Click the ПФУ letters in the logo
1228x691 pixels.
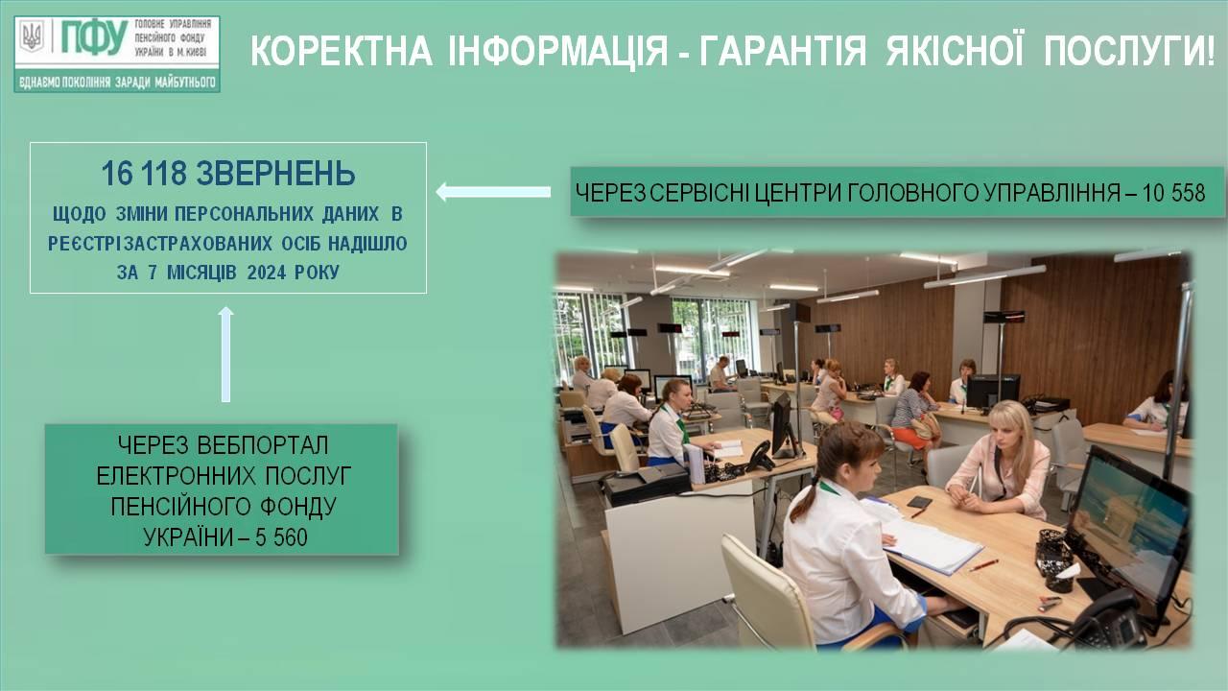[x=94, y=37]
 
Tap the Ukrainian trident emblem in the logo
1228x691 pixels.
[x=32, y=36]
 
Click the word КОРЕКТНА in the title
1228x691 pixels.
[x=342, y=51]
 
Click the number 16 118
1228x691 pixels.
[x=144, y=174]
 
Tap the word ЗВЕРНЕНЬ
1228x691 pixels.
[x=275, y=174]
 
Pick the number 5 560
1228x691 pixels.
[x=281, y=537]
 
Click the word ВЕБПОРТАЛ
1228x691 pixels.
[x=262, y=444]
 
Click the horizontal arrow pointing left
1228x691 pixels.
[x=493, y=192]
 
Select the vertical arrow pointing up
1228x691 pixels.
[x=225, y=354]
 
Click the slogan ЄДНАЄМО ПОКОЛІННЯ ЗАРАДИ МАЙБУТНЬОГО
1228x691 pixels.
[x=117, y=83]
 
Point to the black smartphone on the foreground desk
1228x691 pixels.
[x=919, y=502]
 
